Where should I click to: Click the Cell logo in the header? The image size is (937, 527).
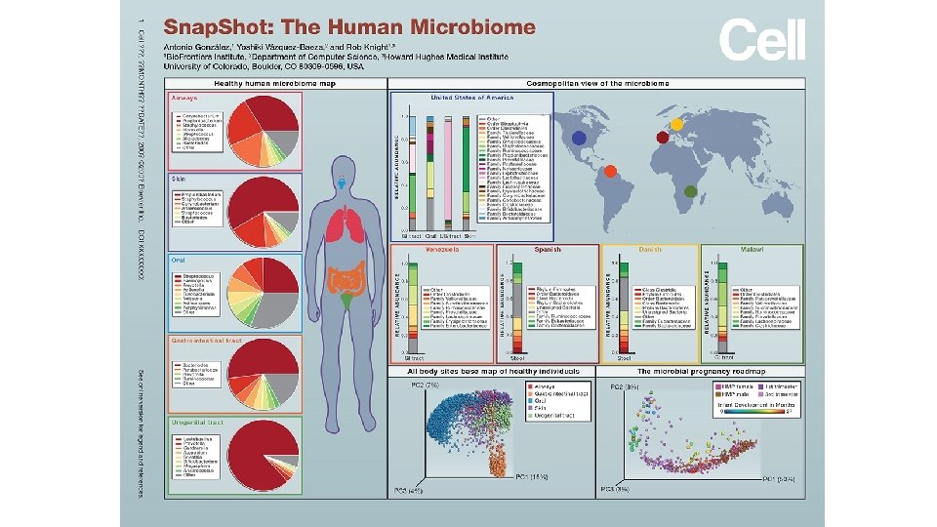click(762, 41)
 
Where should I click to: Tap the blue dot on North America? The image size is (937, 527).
click(579, 139)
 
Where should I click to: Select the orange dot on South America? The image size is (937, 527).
click(611, 171)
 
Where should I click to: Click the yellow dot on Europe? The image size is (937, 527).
click(675, 124)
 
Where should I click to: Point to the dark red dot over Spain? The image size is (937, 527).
click(664, 138)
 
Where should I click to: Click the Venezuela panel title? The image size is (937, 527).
click(443, 249)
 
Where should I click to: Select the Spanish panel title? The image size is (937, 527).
click(547, 249)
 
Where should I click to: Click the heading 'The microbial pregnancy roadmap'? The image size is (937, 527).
click(700, 372)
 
